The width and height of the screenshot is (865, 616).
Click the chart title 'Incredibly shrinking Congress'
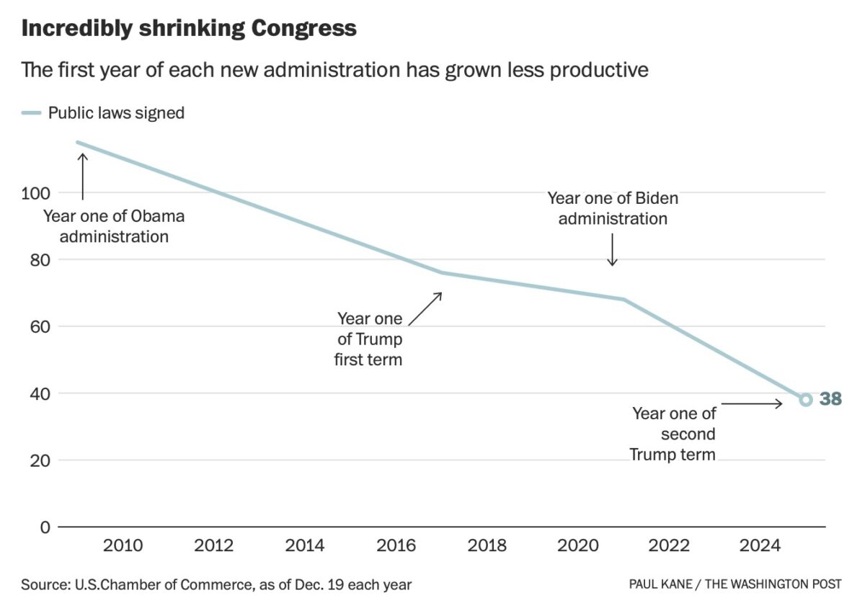tap(189, 28)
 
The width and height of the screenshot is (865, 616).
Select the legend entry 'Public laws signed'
tap(115, 113)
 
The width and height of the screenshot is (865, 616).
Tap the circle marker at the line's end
tap(805, 399)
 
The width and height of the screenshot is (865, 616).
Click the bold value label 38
tap(830, 399)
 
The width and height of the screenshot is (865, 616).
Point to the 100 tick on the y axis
tap(36, 193)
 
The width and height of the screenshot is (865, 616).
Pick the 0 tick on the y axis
tap(45, 527)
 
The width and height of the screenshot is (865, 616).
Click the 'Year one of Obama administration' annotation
tap(114, 226)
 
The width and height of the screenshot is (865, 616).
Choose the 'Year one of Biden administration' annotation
tap(613, 208)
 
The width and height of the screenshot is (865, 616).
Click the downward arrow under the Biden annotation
tap(612, 250)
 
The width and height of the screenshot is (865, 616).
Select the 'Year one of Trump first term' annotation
tap(369, 339)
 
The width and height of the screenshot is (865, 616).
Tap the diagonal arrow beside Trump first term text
tap(425, 308)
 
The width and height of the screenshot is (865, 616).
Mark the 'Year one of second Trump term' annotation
tap(673, 434)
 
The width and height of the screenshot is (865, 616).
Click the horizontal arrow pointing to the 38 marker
tap(751, 404)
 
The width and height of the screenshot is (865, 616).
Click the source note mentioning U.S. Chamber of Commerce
tap(216, 584)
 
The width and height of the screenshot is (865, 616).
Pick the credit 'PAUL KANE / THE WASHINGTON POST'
tap(735, 584)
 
